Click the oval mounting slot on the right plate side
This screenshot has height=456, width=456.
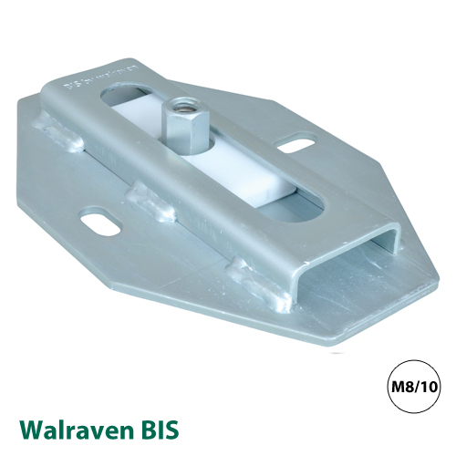[x=292, y=143]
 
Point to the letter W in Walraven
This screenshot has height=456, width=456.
[x=30, y=427]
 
